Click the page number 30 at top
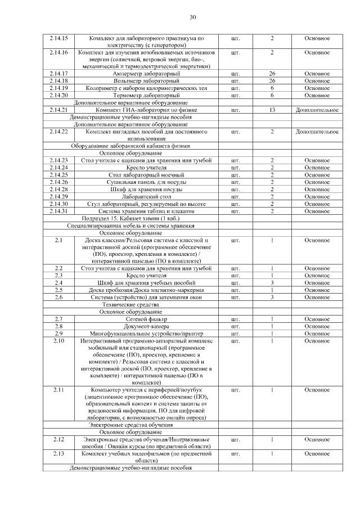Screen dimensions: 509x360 point(192,17)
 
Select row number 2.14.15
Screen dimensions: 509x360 point(58,38)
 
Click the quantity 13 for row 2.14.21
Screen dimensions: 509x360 point(272,110)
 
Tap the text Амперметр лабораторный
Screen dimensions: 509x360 point(146,74)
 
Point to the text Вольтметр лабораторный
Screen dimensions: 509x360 point(146,81)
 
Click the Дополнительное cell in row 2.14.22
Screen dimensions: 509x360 point(317,132)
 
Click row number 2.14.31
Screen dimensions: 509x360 point(58,211)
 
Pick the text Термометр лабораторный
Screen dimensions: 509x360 point(146,96)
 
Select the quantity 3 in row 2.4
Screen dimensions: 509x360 point(272,283)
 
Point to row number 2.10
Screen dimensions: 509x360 point(58,341)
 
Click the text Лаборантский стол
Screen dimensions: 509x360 point(146,196)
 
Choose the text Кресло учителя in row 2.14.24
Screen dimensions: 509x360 point(146,168)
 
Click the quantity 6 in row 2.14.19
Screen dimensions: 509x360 point(272,88)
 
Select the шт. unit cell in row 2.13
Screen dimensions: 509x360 point(235,453)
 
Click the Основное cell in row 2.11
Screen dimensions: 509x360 point(317,390)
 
